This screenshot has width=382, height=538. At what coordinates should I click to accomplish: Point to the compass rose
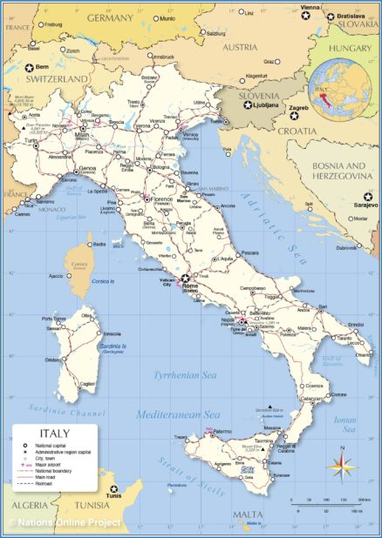338,465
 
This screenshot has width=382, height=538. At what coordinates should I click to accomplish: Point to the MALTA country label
248,514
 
